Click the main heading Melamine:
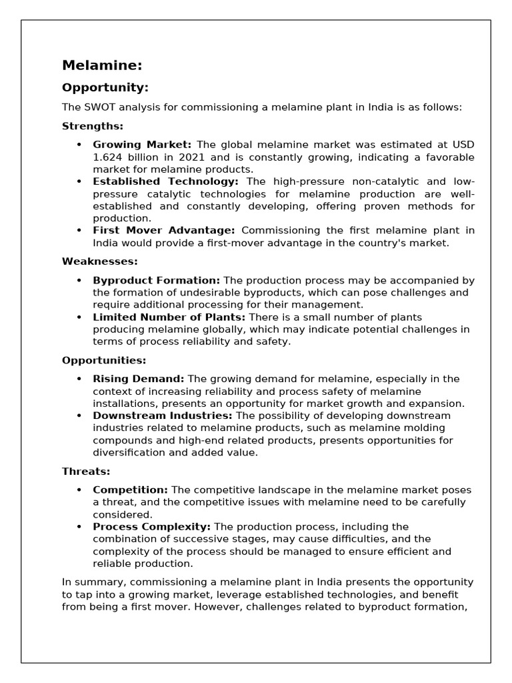pyautogui.click(x=102, y=65)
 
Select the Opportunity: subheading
pyautogui.click(x=105, y=88)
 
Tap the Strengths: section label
pyautogui.click(x=93, y=126)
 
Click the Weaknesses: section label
pyautogui.click(x=100, y=261)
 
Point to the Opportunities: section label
pyautogui.click(x=104, y=360)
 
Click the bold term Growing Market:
pyautogui.click(x=142, y=145)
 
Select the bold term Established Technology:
pyautogui.click(x=165, y=181)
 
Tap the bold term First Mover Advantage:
pyautogui.click(x=163, y=231)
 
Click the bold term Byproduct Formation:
pyautogui.click(x=156, y=280)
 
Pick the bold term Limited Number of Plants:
pyautogui.click(x=169, y=317)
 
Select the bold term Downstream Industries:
pyautogui.click(x=162, y=416)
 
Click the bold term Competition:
pyautogui.click(x=130, y=490)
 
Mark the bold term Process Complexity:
pyautogui.click(x=151, y=527)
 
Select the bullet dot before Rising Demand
pyautogui.click(x=79, y=379)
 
